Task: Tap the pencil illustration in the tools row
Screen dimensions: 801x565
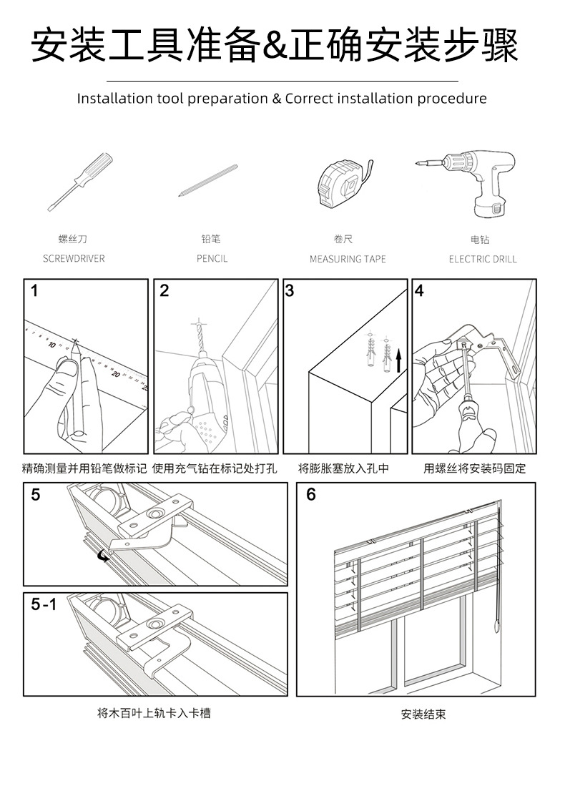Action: click(207, 180)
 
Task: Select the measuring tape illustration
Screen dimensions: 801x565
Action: click(343, 184)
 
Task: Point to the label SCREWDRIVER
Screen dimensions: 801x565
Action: click(74, 259)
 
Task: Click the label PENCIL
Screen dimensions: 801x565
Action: click(212, 259)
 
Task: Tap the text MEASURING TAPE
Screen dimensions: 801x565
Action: click(348, 259)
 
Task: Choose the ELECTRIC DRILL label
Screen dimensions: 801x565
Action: click(482, 259)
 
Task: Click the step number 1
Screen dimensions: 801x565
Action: click(34, 291)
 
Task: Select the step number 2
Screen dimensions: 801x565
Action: click(164, 291)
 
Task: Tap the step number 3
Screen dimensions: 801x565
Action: click(290, 291)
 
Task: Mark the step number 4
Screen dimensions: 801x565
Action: click(419, 291)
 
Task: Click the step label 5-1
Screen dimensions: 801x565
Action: click(44, 604)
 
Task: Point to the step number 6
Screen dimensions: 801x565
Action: click(310, 494)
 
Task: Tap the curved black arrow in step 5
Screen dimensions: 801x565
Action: click(104, 555)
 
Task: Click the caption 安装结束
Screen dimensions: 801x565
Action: click(423, 714)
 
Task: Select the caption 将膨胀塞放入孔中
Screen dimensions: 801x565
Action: click(343, 469)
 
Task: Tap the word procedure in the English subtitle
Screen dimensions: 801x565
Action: click(451, 99)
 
